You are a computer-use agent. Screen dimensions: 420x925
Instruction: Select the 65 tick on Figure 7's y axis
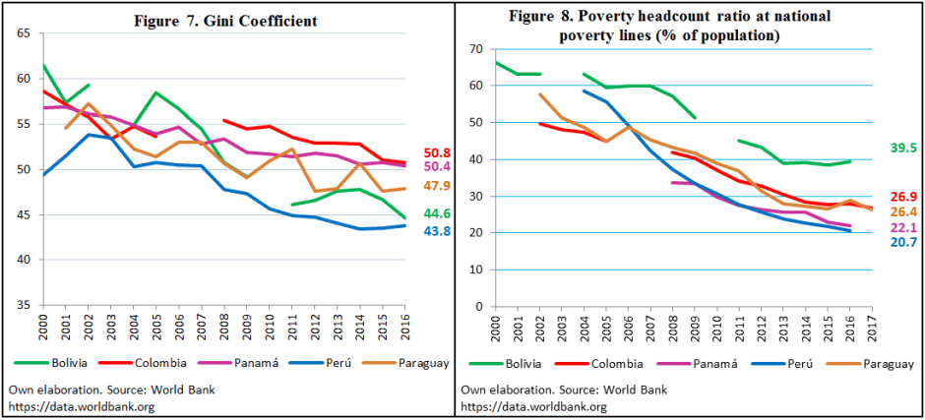coord(23,33)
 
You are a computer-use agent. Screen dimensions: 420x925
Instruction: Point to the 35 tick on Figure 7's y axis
coord(23,306)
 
